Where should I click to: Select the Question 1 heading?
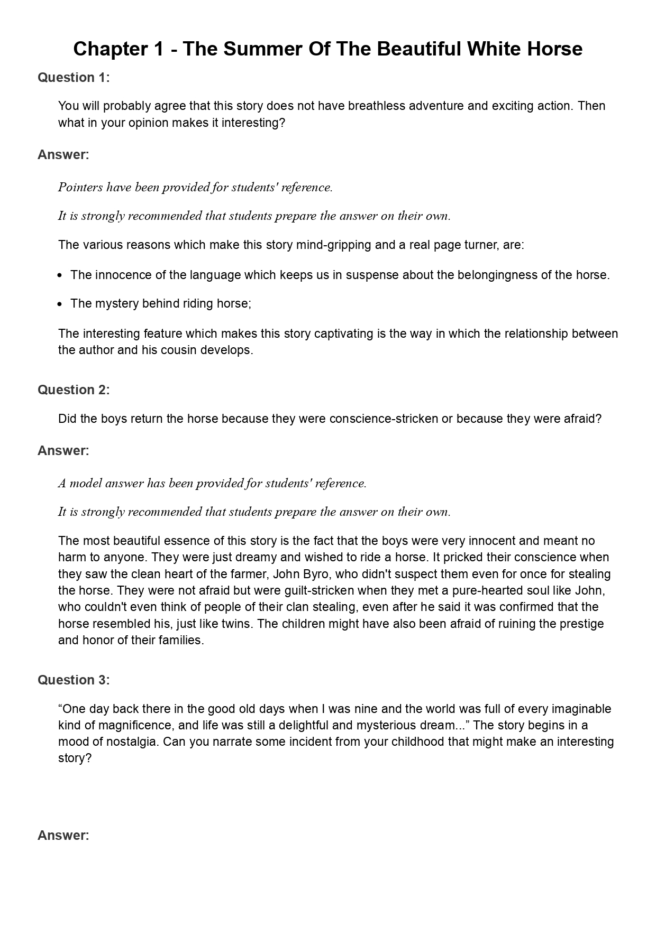(74, 78)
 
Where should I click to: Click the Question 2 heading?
(74, 390)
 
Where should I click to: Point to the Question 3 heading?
(74, 680)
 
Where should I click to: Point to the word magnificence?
(119, 725)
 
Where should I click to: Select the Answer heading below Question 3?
(63, 836)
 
